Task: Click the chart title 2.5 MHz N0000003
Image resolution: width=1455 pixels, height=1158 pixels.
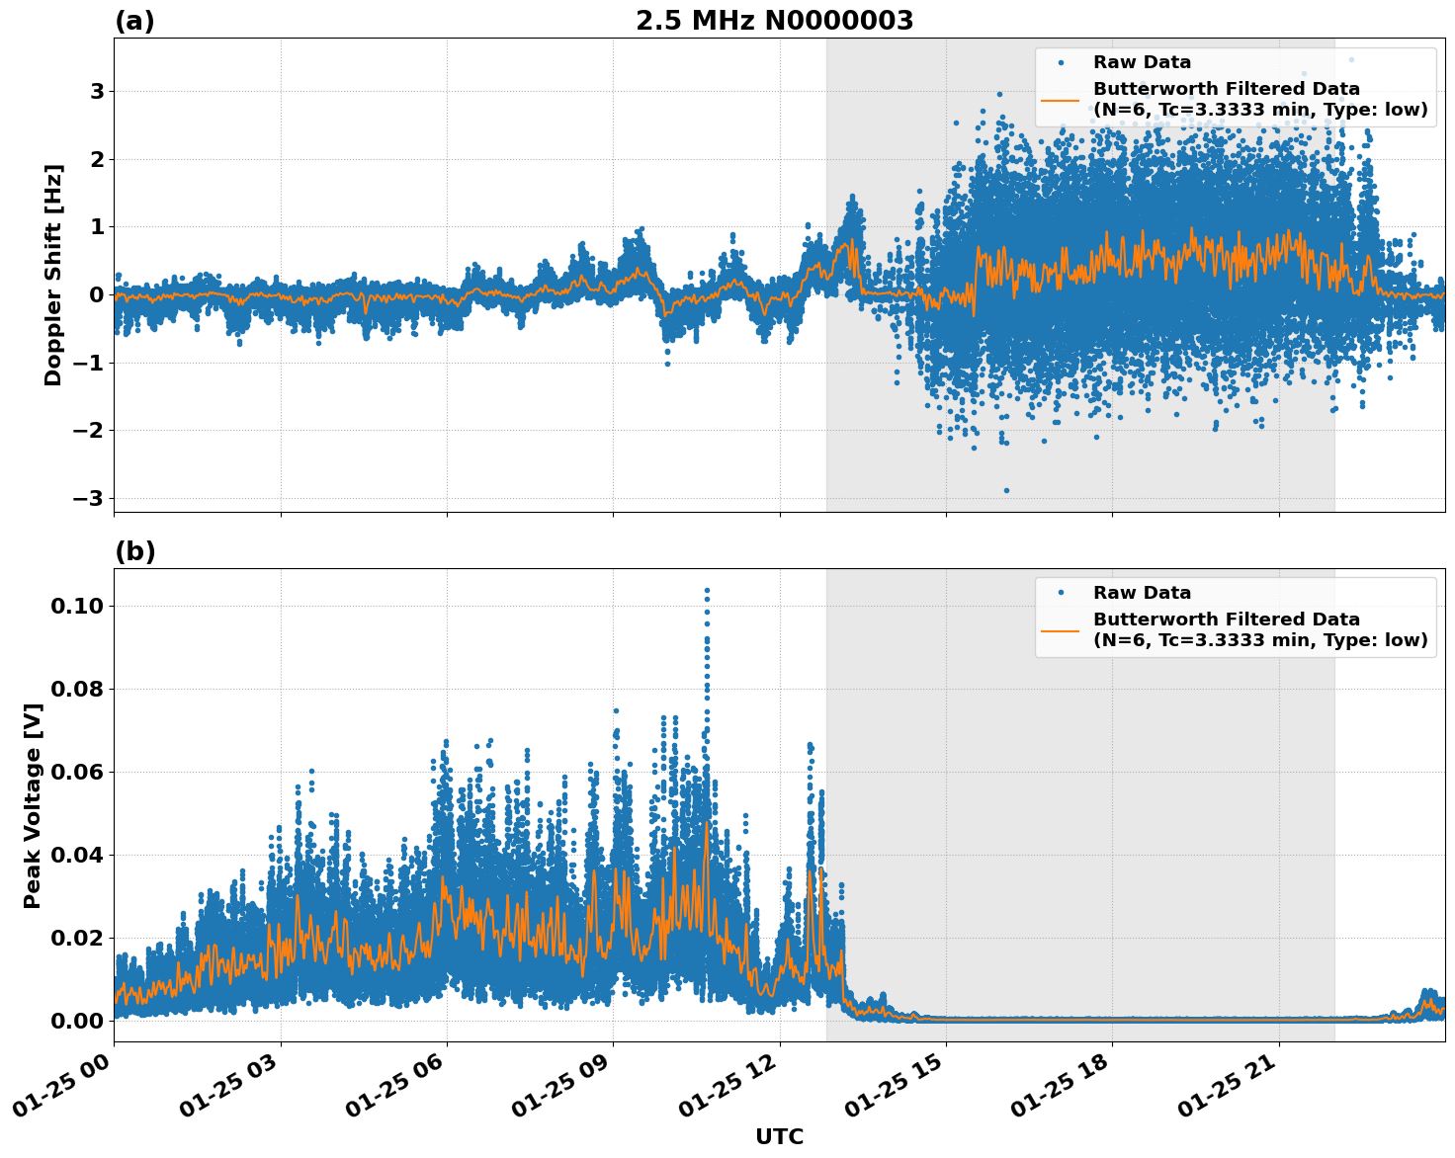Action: [774, 21]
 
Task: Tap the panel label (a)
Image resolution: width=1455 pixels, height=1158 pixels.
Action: [134, 21]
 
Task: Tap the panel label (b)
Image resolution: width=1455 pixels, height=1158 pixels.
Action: [134, 551]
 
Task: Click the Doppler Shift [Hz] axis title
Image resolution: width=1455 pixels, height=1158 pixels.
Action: [53, 275]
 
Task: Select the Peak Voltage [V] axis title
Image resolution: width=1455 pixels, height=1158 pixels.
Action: [33, 805]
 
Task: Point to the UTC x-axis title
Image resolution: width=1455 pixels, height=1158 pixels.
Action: [779, 1136]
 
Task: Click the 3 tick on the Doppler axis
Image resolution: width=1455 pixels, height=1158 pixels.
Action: [97, 92]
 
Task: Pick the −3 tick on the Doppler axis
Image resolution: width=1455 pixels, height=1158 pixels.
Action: [88, 498]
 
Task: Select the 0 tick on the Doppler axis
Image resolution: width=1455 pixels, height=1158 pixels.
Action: [97, 294]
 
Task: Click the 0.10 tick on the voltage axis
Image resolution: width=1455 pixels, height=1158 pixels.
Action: [77, 606]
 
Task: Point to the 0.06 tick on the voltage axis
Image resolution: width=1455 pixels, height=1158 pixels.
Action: [77, 772]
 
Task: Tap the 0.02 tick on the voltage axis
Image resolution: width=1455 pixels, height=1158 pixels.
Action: [77, 938]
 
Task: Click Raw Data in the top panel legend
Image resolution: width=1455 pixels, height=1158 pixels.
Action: [1142, 62]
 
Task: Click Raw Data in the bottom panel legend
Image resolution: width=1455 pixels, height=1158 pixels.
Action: [1142, 593]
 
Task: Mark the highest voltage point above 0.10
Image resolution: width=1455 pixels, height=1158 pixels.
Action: [707, 590]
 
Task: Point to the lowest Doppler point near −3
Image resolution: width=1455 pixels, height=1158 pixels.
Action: [1006, 490]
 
